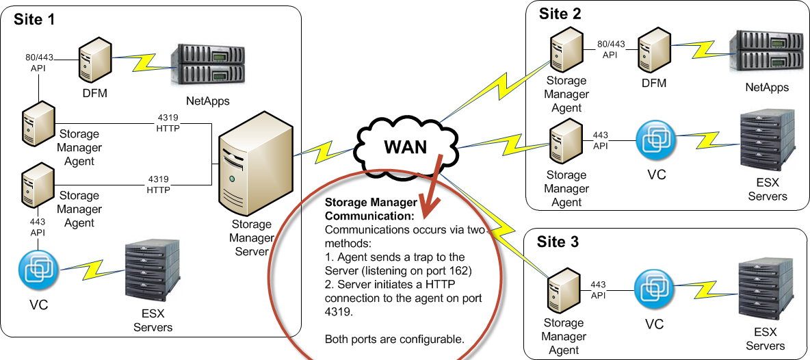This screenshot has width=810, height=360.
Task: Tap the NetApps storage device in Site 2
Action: point(766,52)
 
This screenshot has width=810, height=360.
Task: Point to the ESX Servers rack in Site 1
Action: point(152,272)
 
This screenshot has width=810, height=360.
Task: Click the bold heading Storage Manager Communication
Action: point(371,209)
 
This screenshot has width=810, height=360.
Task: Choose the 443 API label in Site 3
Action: point(598,289)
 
